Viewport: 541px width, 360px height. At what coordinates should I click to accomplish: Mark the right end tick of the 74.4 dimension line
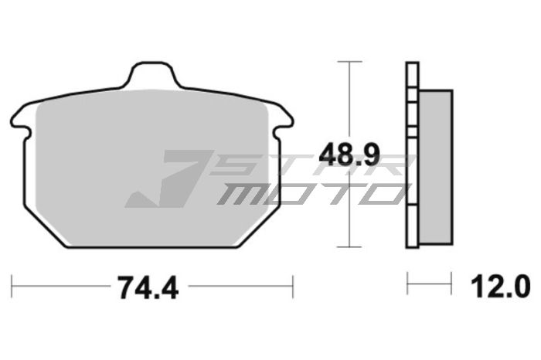coord(292,287)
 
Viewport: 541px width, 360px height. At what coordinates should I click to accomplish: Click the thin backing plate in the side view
coord(411,155)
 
